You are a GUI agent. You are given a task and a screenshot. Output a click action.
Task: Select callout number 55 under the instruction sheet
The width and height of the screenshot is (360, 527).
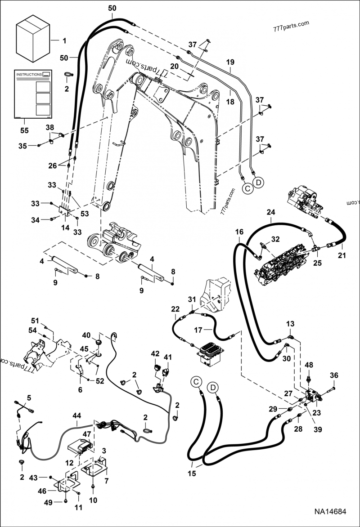pyautogui.click(x=25, y=130)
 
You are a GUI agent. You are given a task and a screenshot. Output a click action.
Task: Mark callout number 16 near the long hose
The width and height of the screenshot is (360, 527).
pyautogui.click(x=239, y=232)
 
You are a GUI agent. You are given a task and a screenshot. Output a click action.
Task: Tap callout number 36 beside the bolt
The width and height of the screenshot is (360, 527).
pyautogui.click(x=333, y=375)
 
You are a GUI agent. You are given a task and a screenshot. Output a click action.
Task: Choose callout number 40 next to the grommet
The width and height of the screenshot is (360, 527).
pyautogui.click(x=85, y=335)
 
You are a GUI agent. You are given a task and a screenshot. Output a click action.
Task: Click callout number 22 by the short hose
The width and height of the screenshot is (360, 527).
pyautogui.click(x=175, y=309)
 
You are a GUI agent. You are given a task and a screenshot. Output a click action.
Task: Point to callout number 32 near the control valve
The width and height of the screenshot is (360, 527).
pyautogui.click(x=275, y=239)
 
